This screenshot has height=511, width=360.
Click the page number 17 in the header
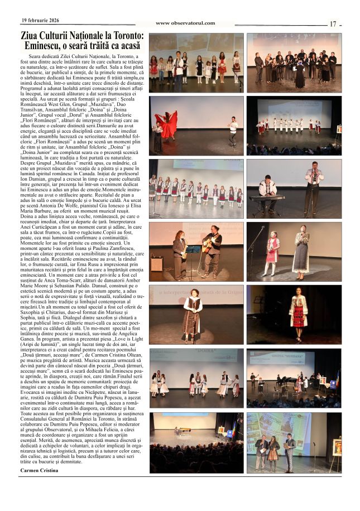point(333,24)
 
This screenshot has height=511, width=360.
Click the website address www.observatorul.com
point(185,23)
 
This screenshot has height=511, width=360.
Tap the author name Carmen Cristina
point(39,471)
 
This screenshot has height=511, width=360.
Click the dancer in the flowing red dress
point(167,124)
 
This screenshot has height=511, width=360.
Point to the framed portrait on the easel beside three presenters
point(335,447)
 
